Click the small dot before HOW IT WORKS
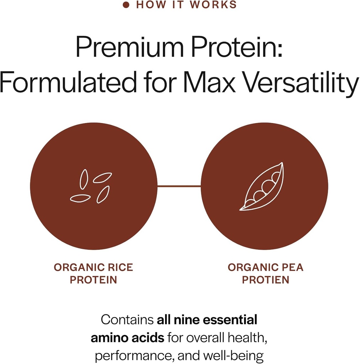(125, 5)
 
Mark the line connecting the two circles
(179, 186)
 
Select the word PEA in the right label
(291, 267)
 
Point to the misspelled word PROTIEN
(265, 280)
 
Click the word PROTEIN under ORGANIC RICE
(93, 280)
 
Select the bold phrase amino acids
(127, 338)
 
